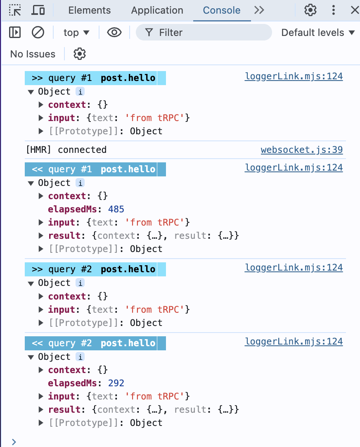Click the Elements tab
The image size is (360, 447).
click(x=89, y=10)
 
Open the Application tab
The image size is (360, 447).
click(x=157, y=10)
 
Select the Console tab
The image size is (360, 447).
click(x=222, y=10)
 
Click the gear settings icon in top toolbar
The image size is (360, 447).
click(x=310, y=10)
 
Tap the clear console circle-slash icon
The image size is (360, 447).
click(x=38, y=32)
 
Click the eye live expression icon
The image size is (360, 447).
click(x=114, y=32)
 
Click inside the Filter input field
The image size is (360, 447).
click(x=206, y=32)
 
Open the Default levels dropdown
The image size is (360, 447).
click(x=317, y=33)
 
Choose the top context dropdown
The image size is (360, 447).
click(x=76, y=33)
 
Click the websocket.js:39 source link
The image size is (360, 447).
click(x=301, y=150)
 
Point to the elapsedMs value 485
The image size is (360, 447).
click(x=116, y=209)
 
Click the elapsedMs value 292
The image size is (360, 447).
click(x=116, y=383)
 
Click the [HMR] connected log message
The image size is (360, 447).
click(x=66, y=150)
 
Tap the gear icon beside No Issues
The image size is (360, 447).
click(x=79, y=54)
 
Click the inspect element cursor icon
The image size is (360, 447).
click(x=15, y=10)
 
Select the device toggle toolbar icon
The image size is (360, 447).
click(x=38, y=10)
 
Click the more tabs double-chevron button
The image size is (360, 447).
click(x=259, y=10)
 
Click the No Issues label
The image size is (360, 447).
click(x=33, y=54)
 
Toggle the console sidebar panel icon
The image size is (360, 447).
click(x=15, y=32)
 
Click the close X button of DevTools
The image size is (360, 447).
click(x=354, y=10)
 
